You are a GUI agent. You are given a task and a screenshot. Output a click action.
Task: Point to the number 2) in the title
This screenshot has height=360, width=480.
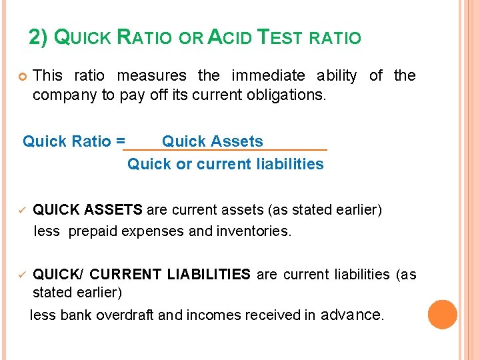[39, 37]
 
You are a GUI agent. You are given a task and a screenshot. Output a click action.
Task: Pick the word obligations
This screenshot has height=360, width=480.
[288, 95]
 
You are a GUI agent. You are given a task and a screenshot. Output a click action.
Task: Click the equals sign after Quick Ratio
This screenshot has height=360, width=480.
[119, 141]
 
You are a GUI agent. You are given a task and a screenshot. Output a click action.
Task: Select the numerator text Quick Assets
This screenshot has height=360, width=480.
[213, 141]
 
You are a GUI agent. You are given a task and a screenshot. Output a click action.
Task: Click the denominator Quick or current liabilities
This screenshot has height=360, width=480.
[225, 164]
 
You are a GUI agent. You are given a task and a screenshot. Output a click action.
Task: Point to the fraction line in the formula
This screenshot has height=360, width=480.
[225, 151]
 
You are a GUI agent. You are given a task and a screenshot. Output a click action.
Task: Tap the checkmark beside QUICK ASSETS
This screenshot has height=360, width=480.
[21, 210]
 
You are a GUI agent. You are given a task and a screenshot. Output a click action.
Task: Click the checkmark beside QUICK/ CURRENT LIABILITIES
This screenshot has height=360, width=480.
[21, 274]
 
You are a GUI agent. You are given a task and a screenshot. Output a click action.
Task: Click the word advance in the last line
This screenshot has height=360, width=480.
[352, 314]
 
